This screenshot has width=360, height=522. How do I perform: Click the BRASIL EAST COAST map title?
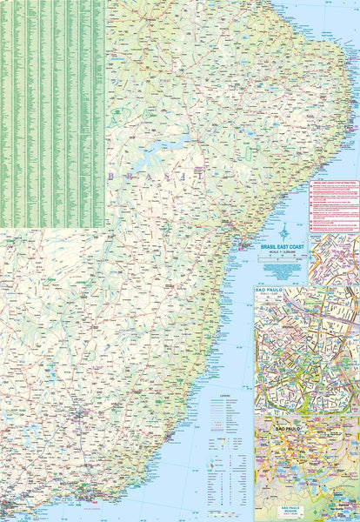pos(283,248)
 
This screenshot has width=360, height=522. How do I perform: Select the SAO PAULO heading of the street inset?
pos(270,286)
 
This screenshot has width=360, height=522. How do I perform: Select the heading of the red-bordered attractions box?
pos(333,184)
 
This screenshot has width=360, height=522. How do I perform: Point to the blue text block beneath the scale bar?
pos(283,271)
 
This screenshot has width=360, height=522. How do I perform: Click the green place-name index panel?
pos(52,113)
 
